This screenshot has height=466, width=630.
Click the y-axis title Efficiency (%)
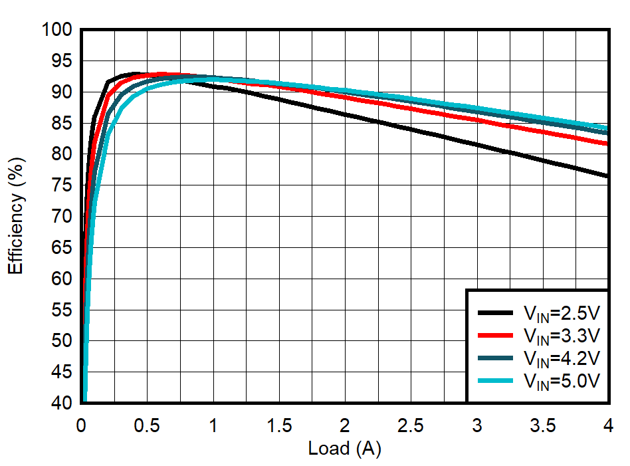click(x=16, y=215)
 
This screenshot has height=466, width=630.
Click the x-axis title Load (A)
click(x=344, y=449)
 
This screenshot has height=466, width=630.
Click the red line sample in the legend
click(x=495, y=335)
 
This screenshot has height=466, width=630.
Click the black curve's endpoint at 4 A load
click(x=607, y=176)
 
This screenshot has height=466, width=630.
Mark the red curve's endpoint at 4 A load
click(x=607, y=144)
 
